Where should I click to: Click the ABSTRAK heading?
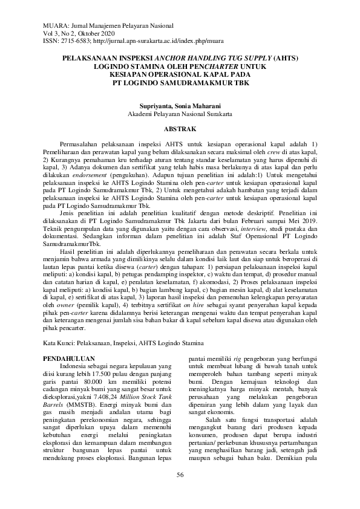tap(180, 129)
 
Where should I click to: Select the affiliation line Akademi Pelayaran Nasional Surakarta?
tap(180, 113)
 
